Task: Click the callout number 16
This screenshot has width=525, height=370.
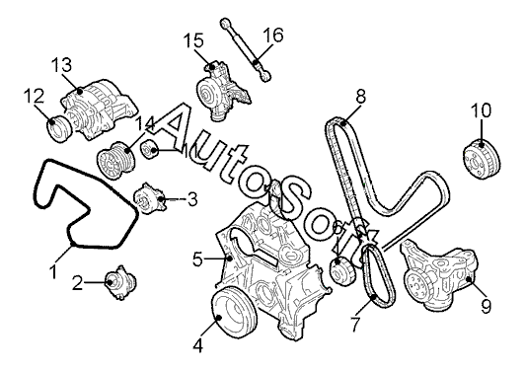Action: tap(273, 35)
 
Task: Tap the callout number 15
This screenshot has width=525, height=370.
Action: tap(193, 40)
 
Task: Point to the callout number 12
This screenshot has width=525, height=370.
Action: tap(34, 97)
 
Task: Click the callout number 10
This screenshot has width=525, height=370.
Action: tap(482, 111)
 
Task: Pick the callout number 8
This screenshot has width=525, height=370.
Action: tap(360, 97)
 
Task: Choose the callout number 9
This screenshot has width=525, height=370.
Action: tap(486, 306)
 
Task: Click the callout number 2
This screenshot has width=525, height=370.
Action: tap(77, 283)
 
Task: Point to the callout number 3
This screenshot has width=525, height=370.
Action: tap(192, 199)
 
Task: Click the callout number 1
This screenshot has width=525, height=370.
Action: tap(53, 271)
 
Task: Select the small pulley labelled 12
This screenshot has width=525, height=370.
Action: tap(58, 128)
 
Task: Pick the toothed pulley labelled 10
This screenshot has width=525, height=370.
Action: tap(483, 161)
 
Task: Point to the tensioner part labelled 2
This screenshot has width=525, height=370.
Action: tap(120, 282)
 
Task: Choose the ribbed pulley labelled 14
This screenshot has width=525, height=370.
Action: tap(115, 161)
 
